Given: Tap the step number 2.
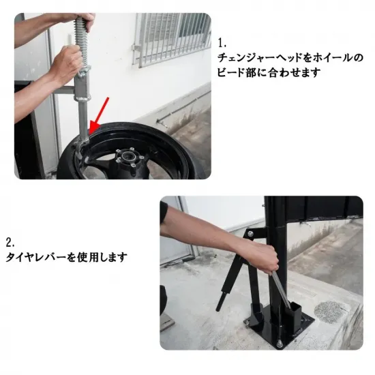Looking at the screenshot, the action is (x=10, y=243).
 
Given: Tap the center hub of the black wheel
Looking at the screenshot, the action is (x=128, y=157).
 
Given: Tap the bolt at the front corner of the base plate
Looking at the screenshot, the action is (x=279, y=344).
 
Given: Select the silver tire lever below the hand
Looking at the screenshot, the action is (x=282, y=289).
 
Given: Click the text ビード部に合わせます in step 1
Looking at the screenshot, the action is (x=269, y=72).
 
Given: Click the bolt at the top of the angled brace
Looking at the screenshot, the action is (x=250, y=233).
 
